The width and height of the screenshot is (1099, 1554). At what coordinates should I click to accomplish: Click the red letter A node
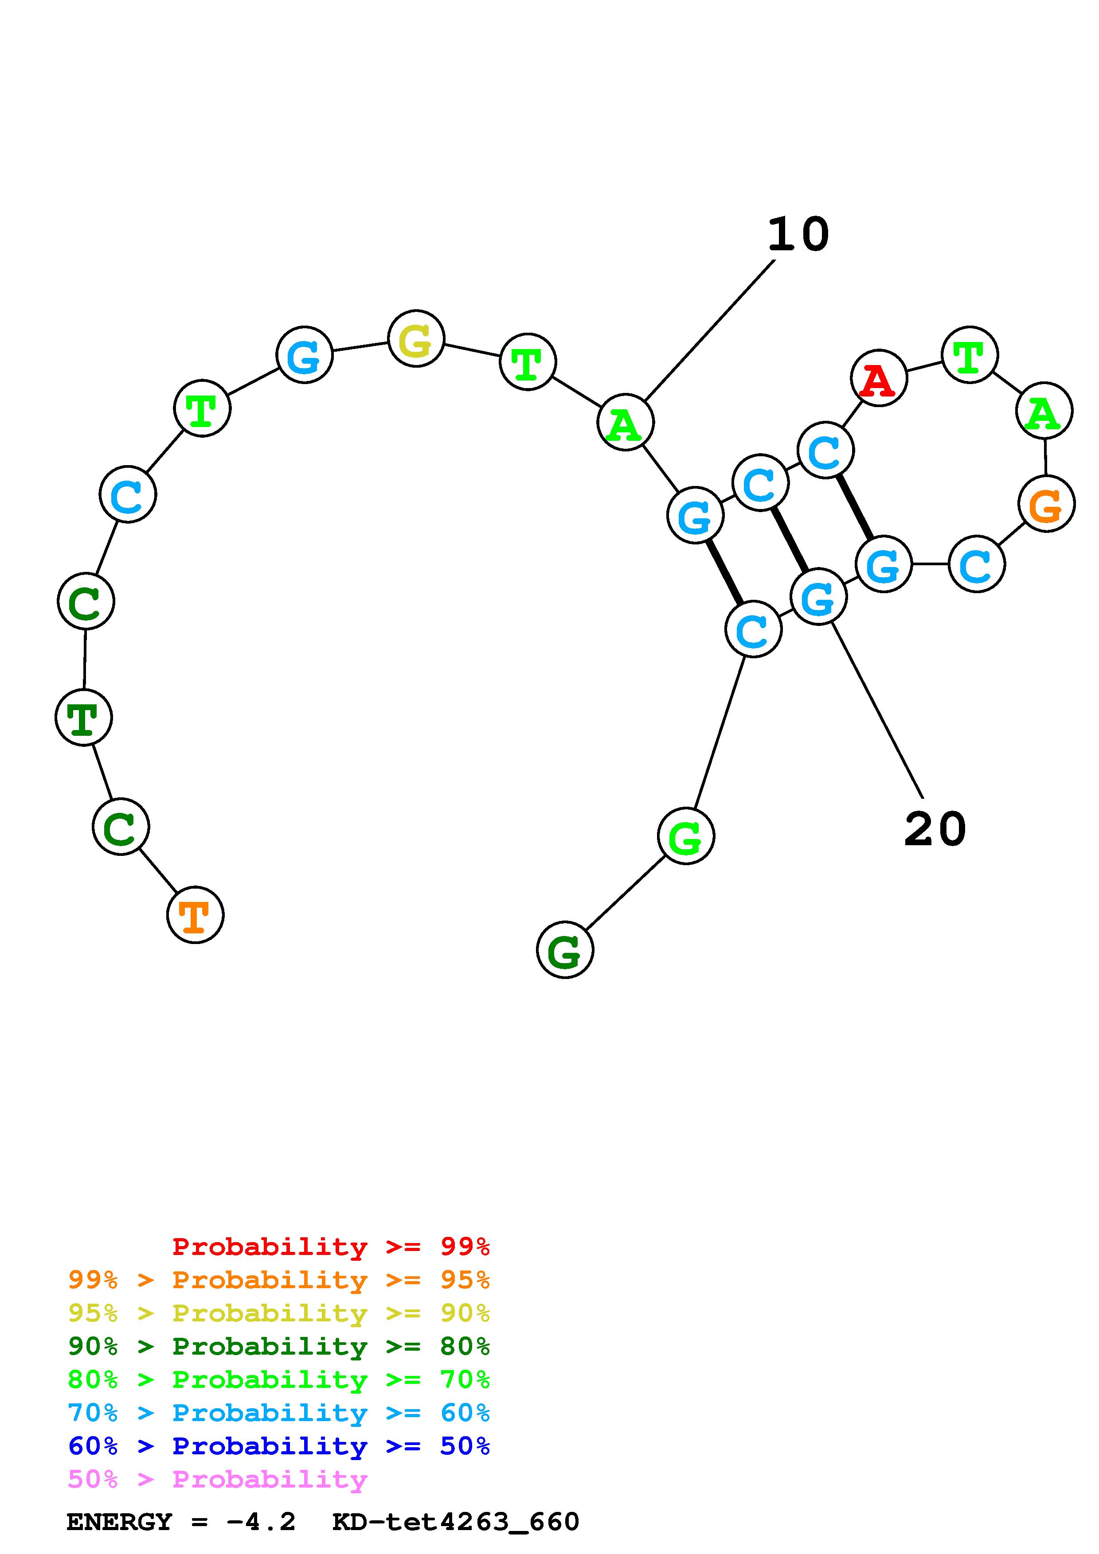point(878,378)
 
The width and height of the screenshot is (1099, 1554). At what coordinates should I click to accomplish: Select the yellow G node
point(416,338)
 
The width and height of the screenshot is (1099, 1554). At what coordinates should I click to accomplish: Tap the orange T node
point(195,914)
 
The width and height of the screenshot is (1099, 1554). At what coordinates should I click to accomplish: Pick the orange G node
point(1046,504)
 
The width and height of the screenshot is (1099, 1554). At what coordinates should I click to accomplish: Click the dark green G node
point(565,950)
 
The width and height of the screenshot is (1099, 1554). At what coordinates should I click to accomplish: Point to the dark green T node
point(83,717)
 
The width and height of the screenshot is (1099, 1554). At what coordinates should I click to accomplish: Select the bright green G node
point(685,836)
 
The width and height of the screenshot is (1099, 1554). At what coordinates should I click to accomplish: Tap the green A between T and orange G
point(1044,411)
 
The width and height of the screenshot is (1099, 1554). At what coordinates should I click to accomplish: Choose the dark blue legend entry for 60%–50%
point(279,1446)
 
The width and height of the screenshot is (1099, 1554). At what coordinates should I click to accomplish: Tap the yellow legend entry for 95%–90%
point(279,1313)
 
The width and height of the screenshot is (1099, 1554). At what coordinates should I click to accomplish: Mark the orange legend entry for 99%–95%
point(279,1280)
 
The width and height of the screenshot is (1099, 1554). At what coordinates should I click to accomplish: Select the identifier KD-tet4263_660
point(456,1522)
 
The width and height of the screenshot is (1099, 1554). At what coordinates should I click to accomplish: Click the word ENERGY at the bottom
point(119,1522)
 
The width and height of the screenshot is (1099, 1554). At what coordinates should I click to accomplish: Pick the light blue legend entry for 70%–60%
point(279,1413)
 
